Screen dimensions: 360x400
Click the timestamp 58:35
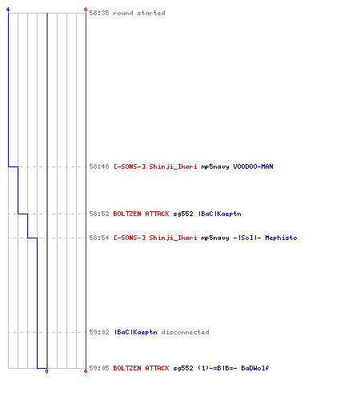tap(99, 13)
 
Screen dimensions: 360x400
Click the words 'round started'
tap(139, 13)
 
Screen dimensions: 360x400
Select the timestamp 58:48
tap(99, 166)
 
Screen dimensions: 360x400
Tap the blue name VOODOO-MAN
tap(253, 166)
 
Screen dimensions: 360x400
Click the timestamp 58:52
tap(99, 214)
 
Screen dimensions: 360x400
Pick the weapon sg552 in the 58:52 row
tap(183, 214)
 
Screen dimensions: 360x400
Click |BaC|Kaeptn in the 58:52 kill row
tap(219, 214)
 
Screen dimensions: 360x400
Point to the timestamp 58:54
tap(99, 238)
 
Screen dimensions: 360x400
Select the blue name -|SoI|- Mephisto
tap(265, 238)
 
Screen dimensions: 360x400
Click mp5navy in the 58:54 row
tap(215, 238)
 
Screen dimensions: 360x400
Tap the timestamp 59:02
tap(99, 332)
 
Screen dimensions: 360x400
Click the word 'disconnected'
tap(185, 332)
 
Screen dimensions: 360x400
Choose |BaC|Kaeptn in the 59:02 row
tap(135, 332)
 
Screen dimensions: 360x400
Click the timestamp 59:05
tap(99, 368)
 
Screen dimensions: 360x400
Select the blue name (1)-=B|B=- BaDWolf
tap(234, 368)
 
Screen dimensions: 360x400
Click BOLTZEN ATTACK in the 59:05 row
tap(141, 368)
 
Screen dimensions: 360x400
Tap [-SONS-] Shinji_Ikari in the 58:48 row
tap(155, 166)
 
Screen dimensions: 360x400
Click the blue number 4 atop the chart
tap(8, 10)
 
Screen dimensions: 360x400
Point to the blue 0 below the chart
tap(46, 371)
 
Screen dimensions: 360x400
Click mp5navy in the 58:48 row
tap(215, 166)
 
